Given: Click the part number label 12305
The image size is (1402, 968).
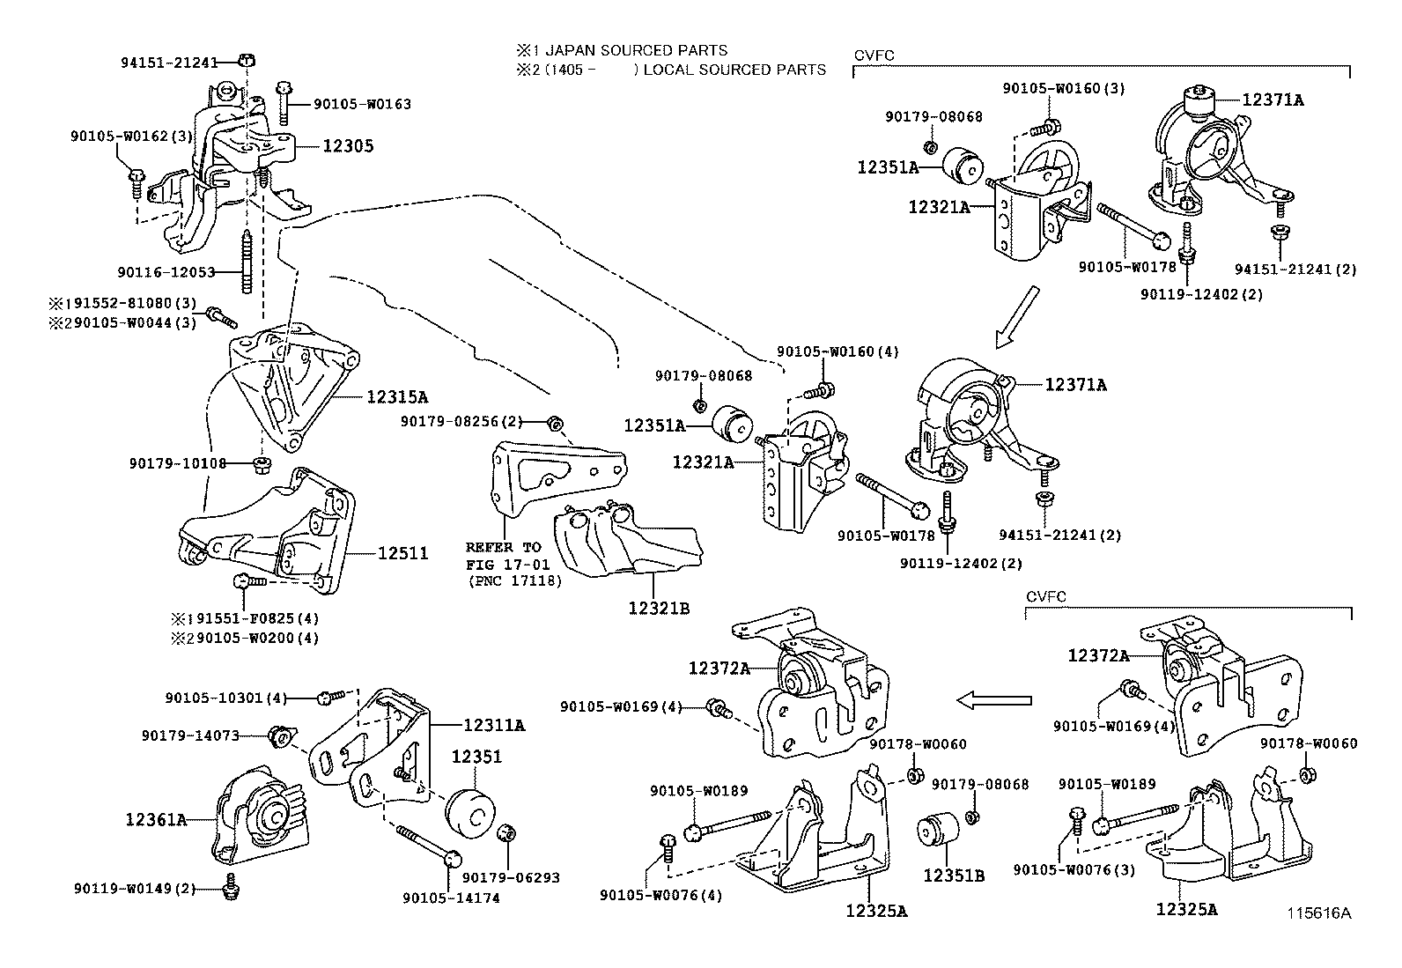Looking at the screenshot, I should tap(348, 146).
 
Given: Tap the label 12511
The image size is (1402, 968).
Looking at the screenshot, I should tap(403, 553).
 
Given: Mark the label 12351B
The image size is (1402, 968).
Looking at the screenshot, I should tap(953, 876).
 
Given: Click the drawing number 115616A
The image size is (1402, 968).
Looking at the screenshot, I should tap(1316, 913).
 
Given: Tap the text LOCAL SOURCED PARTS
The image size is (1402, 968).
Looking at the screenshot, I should tap(734, 70).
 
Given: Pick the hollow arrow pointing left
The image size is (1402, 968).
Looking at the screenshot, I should tap(993, 700).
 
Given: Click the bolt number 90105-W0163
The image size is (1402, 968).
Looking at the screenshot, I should tap(362, 104).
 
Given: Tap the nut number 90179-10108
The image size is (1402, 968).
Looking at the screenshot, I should tap(178, 462).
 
